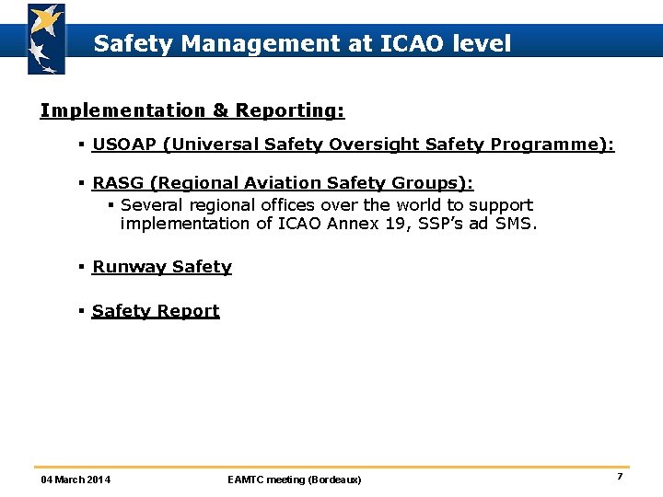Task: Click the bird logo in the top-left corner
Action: click(x=45, y=39)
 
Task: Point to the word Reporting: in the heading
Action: click(x=290, y=110)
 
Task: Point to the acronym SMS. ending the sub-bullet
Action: click(x=517, y=224)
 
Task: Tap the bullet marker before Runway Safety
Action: click(x=82, y=267)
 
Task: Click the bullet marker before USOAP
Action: click(x=82, y=144)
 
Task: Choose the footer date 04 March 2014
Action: click(x=76, y=480)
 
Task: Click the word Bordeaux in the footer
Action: click(x=334, y=480)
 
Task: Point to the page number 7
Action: click(x=620, y=477)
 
